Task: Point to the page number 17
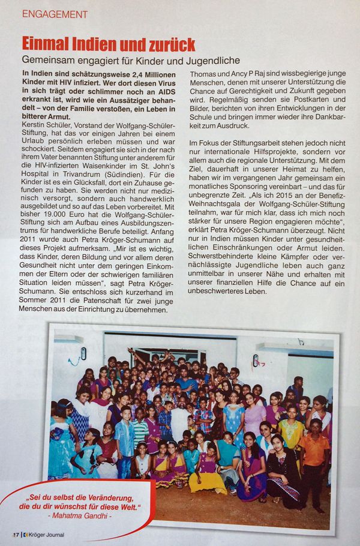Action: tap(16, 534)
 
